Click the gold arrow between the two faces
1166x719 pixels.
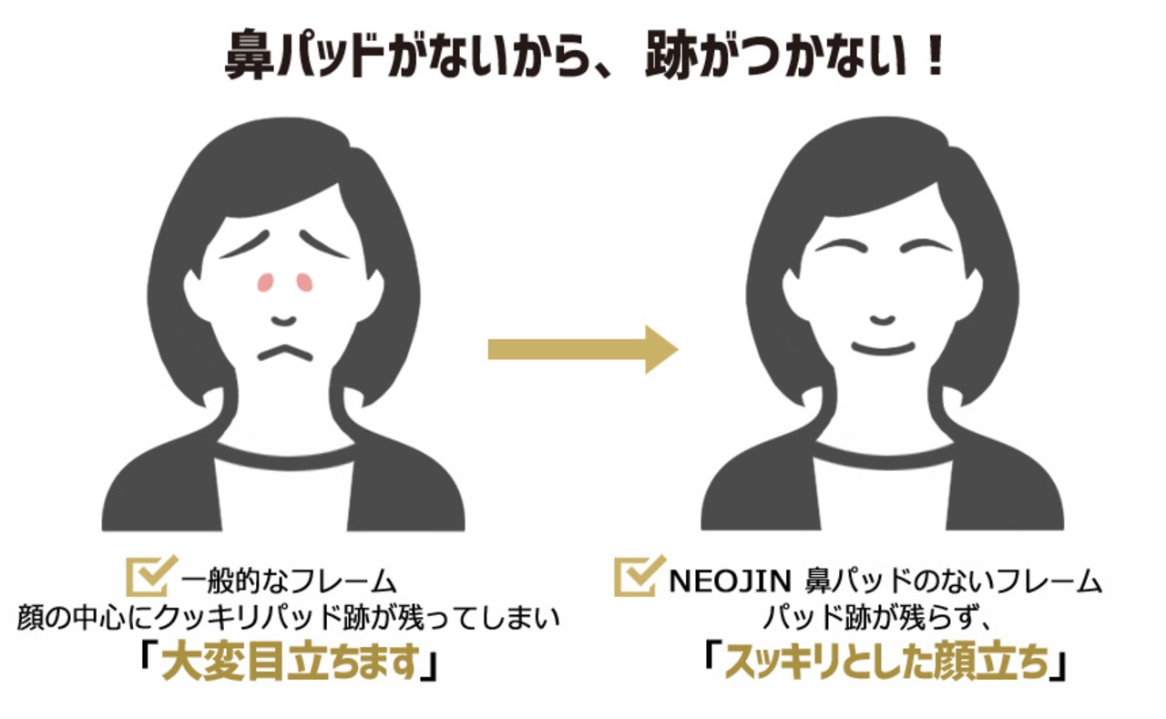(583, 349)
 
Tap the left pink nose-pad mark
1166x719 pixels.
(265, 282)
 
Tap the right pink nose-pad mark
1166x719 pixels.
(304, 282)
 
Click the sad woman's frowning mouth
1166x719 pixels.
(284, 351)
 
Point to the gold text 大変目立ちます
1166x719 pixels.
(289, 666)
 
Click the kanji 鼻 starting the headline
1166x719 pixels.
(247, 61)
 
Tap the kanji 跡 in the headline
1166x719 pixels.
(670, 61)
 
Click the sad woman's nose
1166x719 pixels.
(284, 321)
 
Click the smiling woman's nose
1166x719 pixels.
(883, 321)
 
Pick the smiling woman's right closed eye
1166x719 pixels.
(922, 246)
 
